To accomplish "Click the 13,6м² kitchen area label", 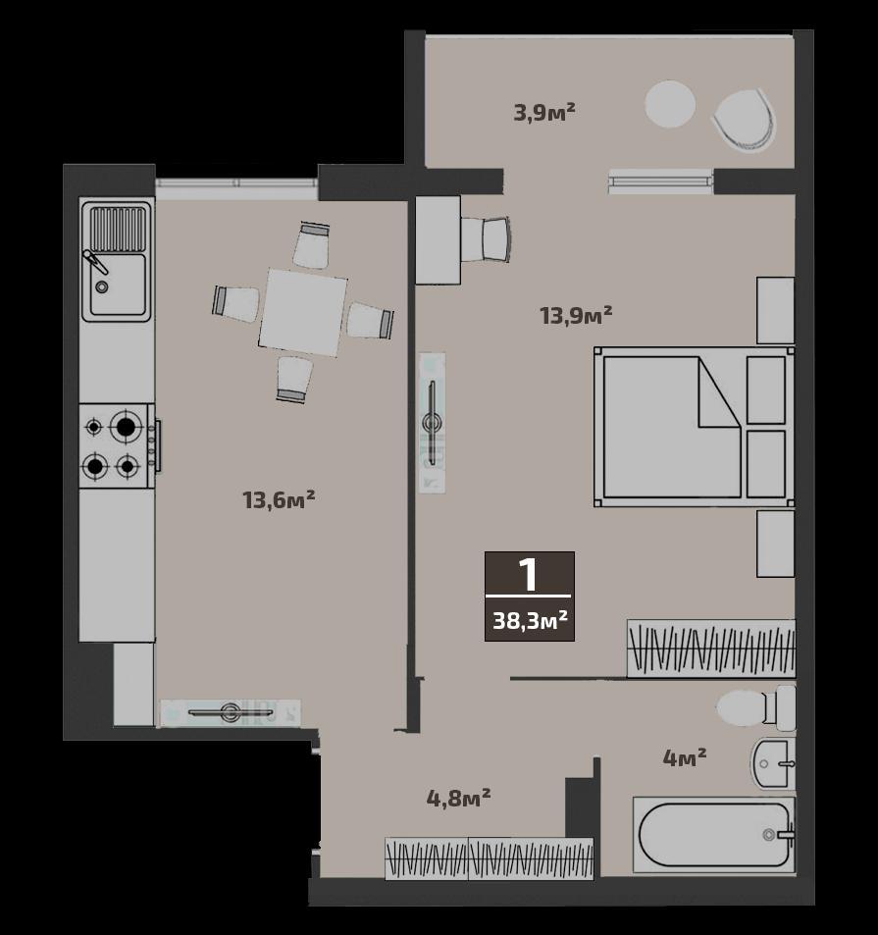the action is [x=279, y=499].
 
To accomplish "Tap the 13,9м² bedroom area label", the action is [x=576, y=314].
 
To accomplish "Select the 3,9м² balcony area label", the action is [x=544, y=112].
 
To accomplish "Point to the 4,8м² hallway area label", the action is [x=458, y=798].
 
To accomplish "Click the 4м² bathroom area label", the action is [x=685, y=757].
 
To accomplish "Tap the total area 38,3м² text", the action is [x=530, y=621].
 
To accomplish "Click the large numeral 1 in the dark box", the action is [x=529, y=575].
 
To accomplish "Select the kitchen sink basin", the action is [x=118, y=285].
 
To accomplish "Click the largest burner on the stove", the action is [x=126, y=427].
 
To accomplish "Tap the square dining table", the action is [x=303, y=312].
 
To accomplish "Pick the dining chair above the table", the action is [x=312, y=245].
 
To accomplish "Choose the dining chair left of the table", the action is [x=235, y=303].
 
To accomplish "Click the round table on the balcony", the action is [x=670, y=104].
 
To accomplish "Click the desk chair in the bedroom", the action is [x=486, y=239].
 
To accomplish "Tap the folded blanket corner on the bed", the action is [x=719, y=392].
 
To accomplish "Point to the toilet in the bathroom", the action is [x=755, y=707].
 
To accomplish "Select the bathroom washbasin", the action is [x=773, y=764].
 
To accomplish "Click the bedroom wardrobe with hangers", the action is [x=711, y=649].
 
